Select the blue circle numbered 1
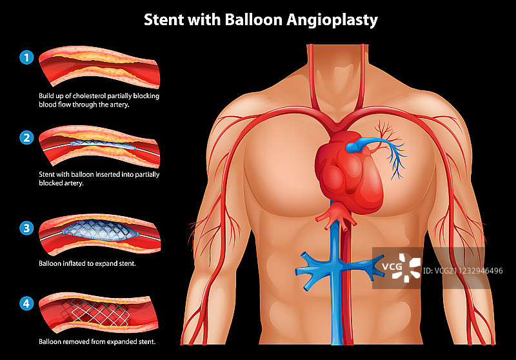coord(26,58)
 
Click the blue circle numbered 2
coord(26,137)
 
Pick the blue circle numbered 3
coord(26,228)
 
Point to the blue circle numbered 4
coord(26,302)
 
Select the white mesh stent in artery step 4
coord(97,312)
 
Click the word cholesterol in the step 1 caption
coord(94,95)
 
